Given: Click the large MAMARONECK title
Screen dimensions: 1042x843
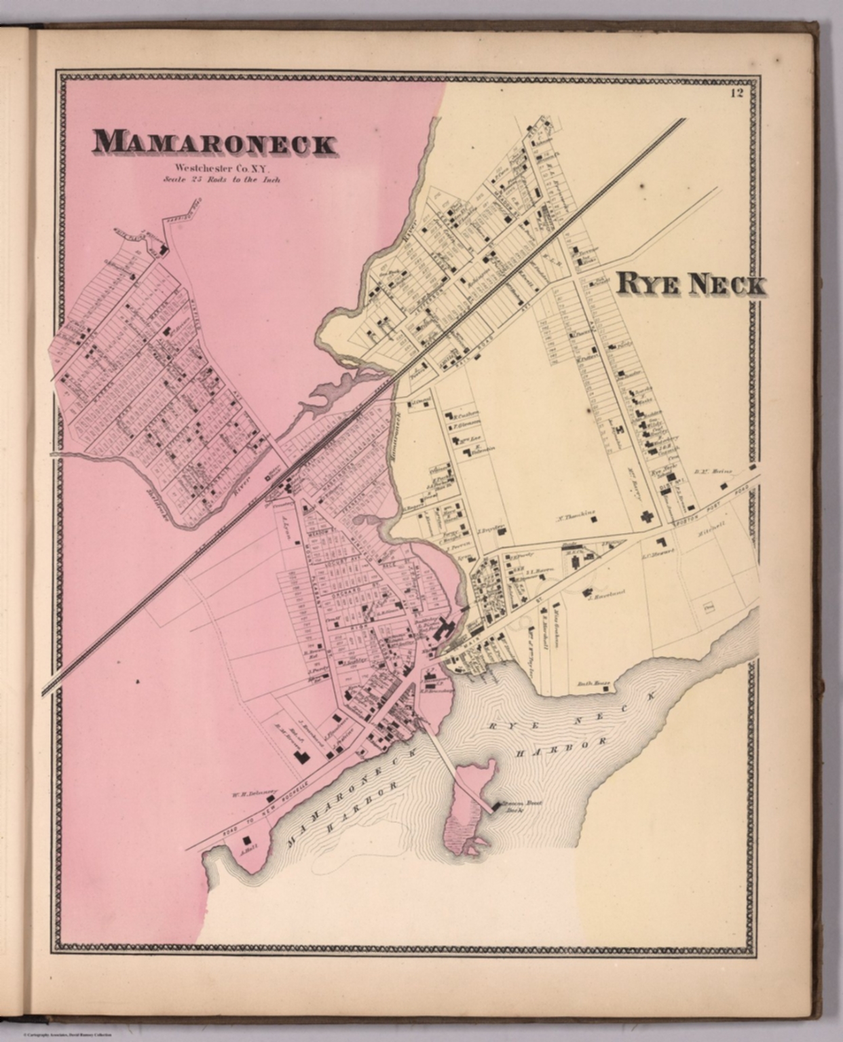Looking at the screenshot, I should [x=214, y=143].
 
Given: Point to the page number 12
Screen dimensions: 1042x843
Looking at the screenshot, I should [x=736, y=95].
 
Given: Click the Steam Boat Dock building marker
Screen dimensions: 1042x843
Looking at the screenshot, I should [x=496, y=806].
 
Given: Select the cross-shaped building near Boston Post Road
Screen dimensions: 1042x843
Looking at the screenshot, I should [x=648, y=516].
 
